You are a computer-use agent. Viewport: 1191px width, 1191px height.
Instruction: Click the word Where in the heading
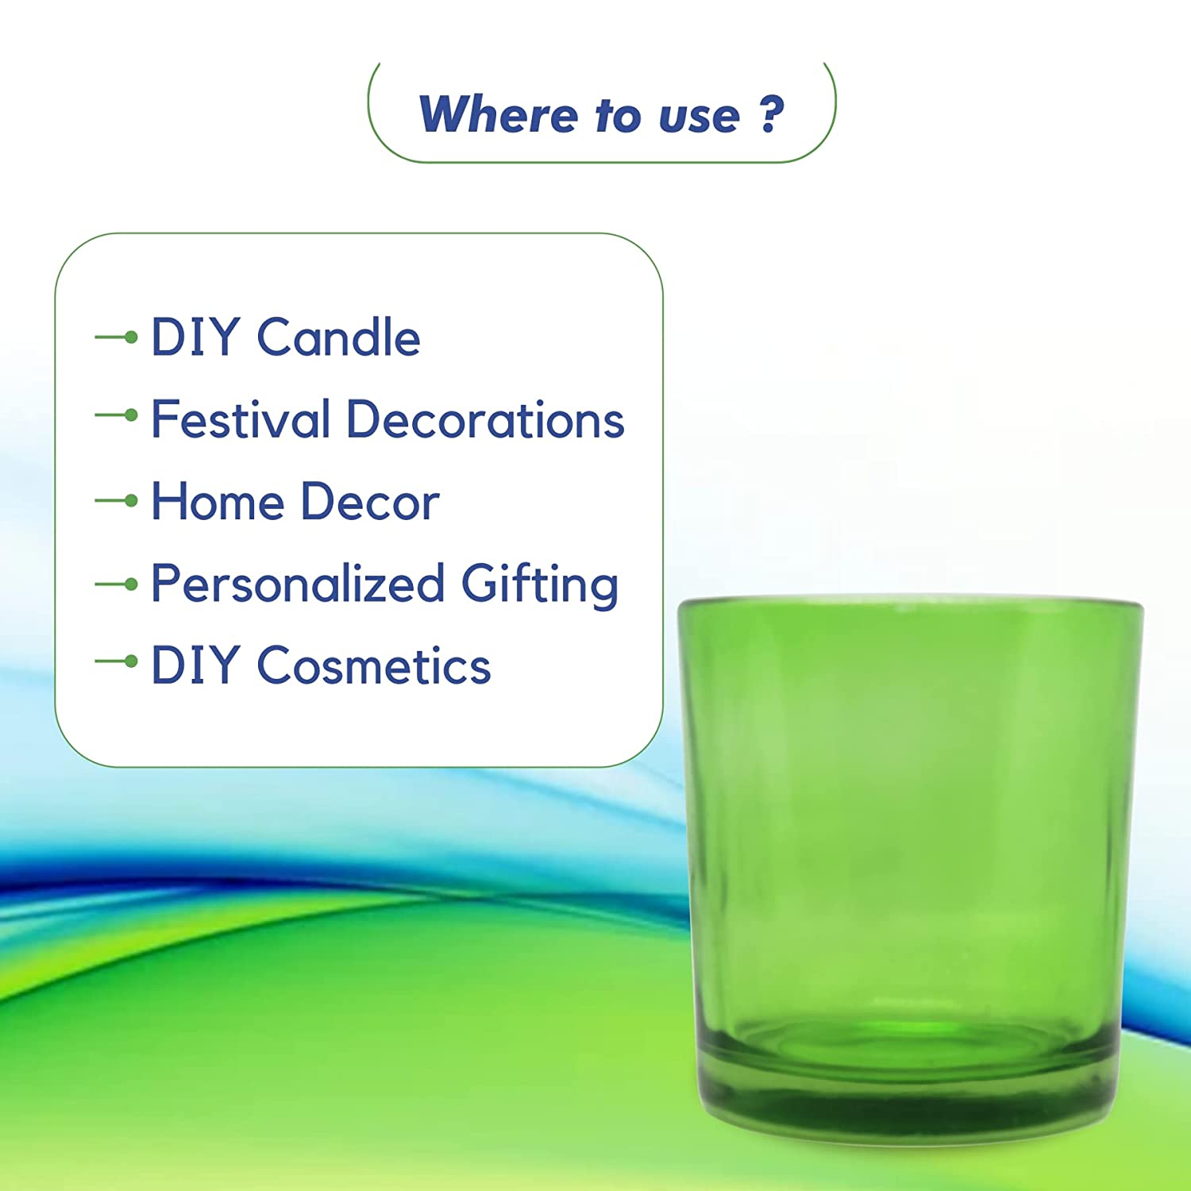tap(498, 114)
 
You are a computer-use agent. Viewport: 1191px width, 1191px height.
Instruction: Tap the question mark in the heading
tap(771, 114)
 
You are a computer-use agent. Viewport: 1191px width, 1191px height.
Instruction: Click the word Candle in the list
tap(338, 337)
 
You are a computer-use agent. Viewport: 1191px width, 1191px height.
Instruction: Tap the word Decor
tap(370, 502)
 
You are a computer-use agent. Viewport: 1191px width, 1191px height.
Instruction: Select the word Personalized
tap(298, 585)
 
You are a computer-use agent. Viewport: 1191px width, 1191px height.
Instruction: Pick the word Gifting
tap(540, 585)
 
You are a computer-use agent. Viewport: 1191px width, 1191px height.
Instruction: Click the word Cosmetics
tap(374, 665)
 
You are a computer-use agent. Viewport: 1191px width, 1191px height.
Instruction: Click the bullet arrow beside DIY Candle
tap(116, 337)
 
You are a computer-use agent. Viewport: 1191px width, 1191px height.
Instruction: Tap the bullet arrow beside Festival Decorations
tap(116, 414)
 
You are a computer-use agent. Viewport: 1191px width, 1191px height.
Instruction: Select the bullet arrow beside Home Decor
tap(116, 500)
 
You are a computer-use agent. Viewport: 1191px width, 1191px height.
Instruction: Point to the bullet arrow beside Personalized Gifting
tap(116, 584)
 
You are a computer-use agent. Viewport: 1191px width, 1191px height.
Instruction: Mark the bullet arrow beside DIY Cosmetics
tap(116, 661)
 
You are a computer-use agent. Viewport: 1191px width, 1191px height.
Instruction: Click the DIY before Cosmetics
tap(195, 665)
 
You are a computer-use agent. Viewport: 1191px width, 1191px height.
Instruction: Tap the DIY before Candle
tap(195, 337)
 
